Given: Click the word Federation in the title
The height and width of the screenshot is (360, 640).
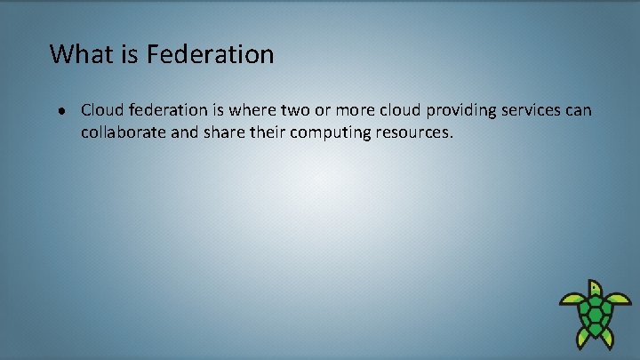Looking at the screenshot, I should [211, 54].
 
